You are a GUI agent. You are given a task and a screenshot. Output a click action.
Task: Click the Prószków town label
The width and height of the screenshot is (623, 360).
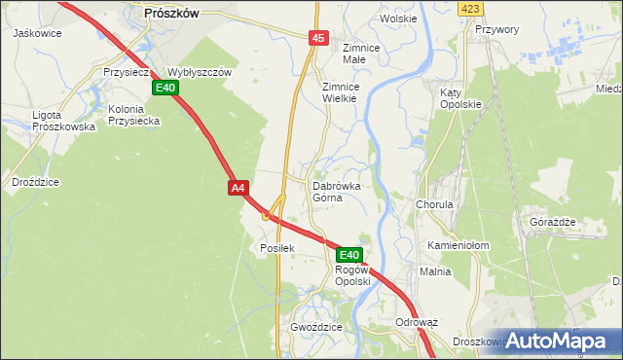pyautogui.click(x=170, y=13)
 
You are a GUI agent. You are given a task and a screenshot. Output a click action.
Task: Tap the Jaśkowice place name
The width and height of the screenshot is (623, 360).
pyautogui.click(x=38, y=32)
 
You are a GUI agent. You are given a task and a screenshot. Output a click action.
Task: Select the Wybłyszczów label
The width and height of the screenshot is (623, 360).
pyautogui.click(x=199, y=73)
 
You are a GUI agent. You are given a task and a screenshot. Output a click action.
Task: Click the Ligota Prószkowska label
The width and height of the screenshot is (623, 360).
pyautogui.click(x=63, y=121)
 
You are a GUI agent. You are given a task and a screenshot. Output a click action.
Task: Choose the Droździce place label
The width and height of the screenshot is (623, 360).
pyautogui.click(x=36, y=182)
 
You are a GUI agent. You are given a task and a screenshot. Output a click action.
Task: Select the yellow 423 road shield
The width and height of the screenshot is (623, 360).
pyautogui.click(x=471, y=9)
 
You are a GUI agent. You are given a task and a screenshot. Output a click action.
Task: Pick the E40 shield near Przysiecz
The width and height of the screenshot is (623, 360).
pyautogui.click(x=164, y=89)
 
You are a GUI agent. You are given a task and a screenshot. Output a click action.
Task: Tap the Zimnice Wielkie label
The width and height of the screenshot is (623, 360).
pyautogui.click(x=342, y=92)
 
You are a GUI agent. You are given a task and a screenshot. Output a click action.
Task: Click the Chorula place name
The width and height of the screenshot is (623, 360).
pyautogui.click(x=435, y=206)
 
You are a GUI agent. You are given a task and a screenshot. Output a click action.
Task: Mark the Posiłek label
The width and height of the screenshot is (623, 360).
pyautogui.click(x=276, y=248)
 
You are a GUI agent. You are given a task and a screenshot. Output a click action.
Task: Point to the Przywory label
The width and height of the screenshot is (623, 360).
pyautogui.click(x=497, y=30)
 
